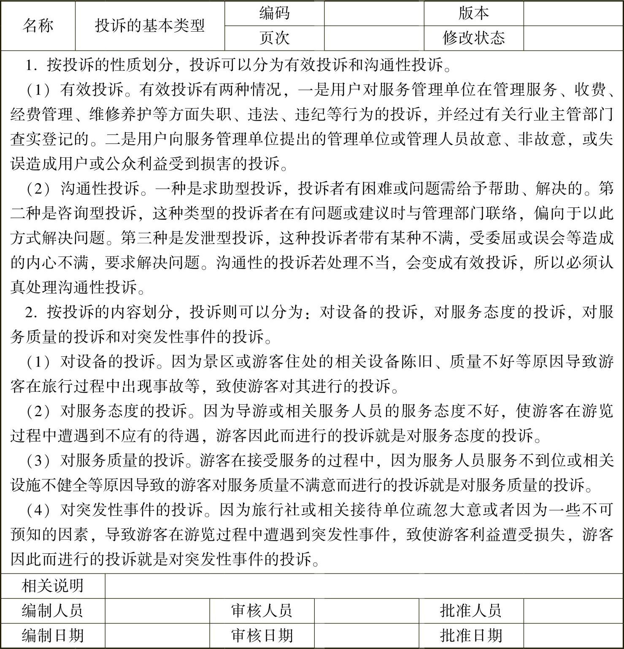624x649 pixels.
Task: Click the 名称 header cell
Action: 38,26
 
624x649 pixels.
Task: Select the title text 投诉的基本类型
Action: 150,26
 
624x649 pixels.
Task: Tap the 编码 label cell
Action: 274,13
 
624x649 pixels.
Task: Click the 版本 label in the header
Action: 473,13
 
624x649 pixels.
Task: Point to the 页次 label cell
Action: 274,38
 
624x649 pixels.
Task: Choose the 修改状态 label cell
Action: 473,38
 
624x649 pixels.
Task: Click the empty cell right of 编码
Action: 374,13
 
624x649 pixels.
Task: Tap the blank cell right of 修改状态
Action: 573,38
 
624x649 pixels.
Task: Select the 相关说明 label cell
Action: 53,585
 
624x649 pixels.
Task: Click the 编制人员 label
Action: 53,610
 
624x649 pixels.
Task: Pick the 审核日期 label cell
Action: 262,635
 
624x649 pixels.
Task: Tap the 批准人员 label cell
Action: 471,610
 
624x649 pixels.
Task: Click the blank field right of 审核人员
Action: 366,610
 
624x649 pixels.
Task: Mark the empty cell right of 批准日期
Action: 573,635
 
